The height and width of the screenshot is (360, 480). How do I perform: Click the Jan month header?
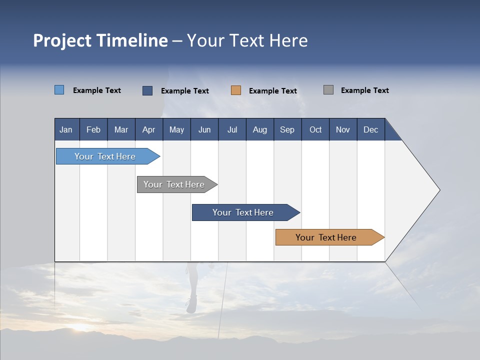[66, 130]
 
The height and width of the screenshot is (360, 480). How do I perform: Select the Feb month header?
[93, 130]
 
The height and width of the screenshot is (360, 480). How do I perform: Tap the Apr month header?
[149, 130]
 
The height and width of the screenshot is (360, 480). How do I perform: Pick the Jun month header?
[204, 130]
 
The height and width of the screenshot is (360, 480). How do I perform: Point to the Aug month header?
[260, 130]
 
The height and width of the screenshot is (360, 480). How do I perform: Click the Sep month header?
[287, 130]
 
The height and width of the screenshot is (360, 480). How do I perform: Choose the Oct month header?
[315, 130]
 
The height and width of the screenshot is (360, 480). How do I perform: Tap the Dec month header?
[371, 130]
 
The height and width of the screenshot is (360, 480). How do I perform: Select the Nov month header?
[343, 130]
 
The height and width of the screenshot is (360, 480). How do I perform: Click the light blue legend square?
[59, 90]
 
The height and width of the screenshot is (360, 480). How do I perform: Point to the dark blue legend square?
[147, 90]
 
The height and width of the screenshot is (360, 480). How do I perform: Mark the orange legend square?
[236, 90]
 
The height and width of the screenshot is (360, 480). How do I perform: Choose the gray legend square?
[328, 90]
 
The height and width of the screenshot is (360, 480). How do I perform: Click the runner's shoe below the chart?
[191, 304]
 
